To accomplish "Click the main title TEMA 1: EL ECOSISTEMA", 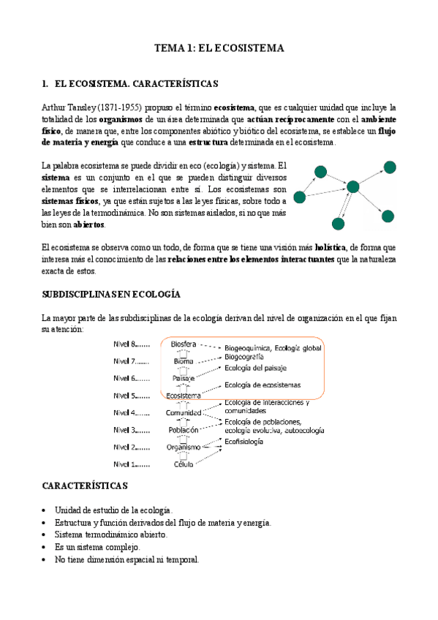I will pos(219,48).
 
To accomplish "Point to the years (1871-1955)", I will pos(125,107).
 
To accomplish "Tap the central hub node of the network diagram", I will pos(353,186).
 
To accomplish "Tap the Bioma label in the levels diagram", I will pos(184,361).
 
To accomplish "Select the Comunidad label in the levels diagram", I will pos(183,413).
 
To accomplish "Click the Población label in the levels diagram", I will pos(184,430).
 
